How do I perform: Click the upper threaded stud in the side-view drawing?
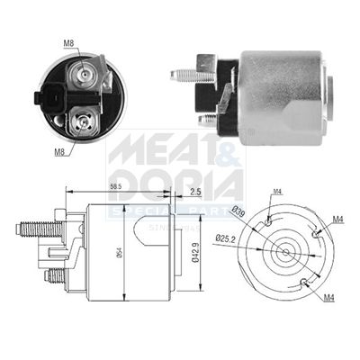pyautogui.click(x=34, y=229)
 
